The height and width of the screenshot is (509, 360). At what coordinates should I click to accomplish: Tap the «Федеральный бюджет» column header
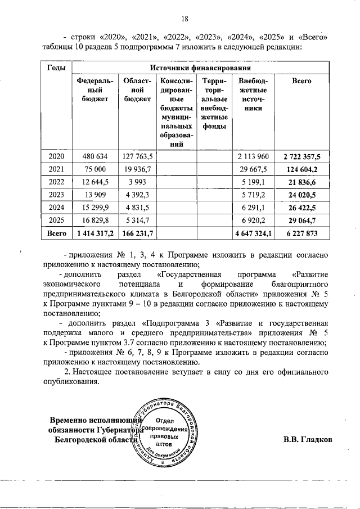point(91,90)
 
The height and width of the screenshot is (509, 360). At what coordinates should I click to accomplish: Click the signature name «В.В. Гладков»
point(307,440)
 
